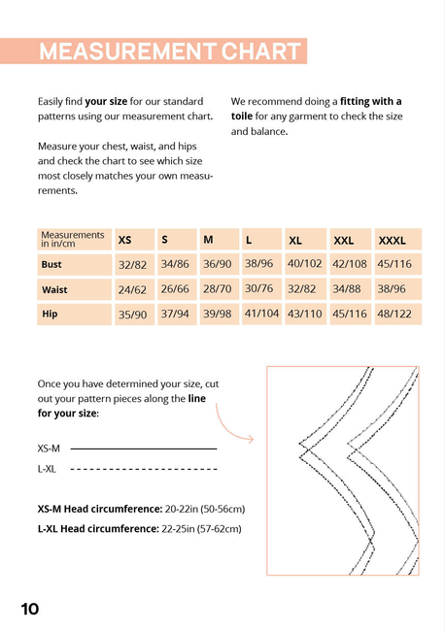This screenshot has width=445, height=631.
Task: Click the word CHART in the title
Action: click(x=260, y=51)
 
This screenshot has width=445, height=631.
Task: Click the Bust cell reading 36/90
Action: click(x=218, y=264)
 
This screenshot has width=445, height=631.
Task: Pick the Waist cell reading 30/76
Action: click(x=259, y=288)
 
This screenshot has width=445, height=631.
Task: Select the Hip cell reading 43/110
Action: click(x=304, y=314)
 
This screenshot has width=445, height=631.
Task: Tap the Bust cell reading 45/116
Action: click(x=394, y=264)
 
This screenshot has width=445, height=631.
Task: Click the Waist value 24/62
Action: click(x=132, y=289)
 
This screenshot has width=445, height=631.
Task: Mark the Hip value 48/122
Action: click(x=394, y=314)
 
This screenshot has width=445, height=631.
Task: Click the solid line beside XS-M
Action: click(x=144, y=448)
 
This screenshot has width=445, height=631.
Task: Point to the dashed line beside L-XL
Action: click(x=144, y=469)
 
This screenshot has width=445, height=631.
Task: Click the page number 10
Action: click(x=30, y=609)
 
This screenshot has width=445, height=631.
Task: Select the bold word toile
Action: click(x=242, y=116)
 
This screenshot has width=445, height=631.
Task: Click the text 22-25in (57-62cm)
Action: click(x=201, y=529)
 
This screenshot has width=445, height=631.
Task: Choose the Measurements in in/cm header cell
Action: click(x=74, y=240)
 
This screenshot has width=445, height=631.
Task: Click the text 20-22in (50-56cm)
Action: click(x=205, y=509)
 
